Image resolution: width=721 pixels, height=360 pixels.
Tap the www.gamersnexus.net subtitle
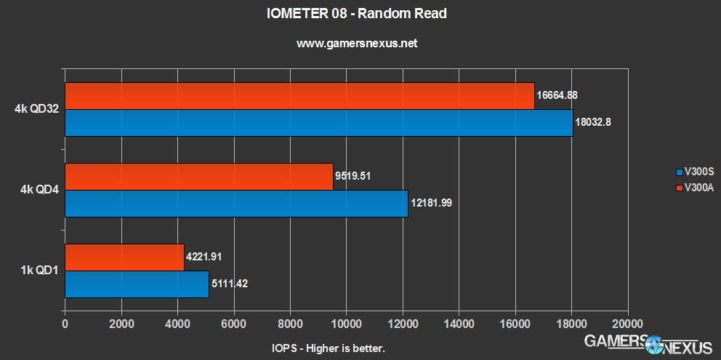[x=357, y=44]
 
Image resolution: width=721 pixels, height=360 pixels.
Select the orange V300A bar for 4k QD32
[x=299, y=96]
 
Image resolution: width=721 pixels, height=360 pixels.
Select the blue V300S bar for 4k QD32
[x=318, y=123]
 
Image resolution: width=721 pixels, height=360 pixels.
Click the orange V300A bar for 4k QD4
[x=198, y=177]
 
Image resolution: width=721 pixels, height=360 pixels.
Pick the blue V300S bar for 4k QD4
[x=236, y=204]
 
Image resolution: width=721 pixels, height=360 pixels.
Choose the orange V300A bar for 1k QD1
[x=124, y=257]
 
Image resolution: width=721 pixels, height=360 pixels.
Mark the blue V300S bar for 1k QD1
[x=137, y=284]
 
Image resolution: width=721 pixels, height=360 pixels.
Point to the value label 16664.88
[x=557, y=95]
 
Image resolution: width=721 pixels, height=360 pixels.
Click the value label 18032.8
[x=593, y=122]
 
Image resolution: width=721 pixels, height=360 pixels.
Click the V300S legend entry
[x=695, y=173]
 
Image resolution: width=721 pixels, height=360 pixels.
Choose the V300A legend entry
[x=695, y=188]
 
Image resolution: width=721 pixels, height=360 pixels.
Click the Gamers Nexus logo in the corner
[x=651, y=343]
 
